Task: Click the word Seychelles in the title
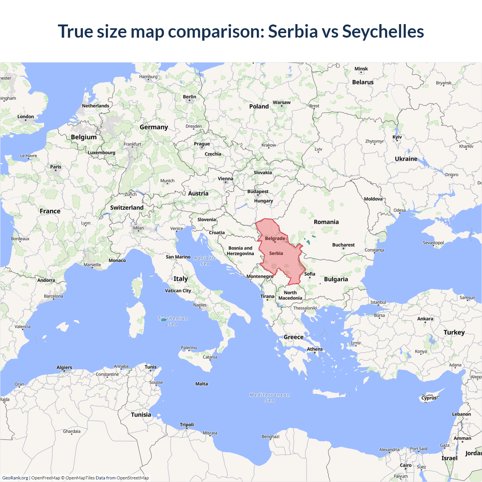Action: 383,32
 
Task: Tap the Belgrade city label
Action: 275,238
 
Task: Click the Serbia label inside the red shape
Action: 276,253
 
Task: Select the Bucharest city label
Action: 343,245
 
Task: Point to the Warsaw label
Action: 282,102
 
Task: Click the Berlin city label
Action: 189,97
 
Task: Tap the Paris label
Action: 56,167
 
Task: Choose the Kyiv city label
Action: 397,137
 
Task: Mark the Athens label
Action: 315,349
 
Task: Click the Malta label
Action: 201,384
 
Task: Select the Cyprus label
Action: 429,398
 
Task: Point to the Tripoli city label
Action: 187,425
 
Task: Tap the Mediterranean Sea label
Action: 270,398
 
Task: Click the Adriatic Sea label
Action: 205,261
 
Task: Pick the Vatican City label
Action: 178,291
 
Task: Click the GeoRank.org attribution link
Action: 15,478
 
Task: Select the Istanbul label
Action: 378,302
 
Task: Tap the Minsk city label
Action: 361,69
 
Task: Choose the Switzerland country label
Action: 127,207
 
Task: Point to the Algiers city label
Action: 64,368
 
